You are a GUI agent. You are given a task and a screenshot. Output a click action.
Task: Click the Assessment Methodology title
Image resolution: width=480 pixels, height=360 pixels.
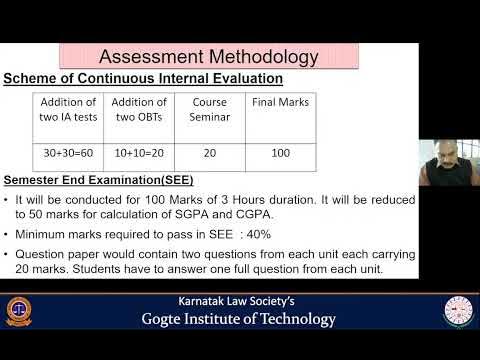(210, 56)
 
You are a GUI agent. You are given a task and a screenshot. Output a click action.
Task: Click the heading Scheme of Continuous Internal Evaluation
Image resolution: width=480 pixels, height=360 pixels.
(142, 78)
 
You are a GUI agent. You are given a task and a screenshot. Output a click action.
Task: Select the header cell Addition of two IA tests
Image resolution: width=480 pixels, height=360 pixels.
(68, 109)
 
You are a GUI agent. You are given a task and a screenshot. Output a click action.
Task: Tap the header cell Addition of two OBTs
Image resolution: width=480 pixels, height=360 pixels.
(138, 109)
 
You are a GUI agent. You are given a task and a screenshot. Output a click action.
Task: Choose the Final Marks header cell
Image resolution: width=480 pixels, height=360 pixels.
(279, 102)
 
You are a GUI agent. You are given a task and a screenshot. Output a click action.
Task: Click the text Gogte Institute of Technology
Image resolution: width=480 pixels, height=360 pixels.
(238, 320)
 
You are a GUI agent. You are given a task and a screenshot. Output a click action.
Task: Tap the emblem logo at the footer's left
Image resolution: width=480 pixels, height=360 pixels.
(19, 311)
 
